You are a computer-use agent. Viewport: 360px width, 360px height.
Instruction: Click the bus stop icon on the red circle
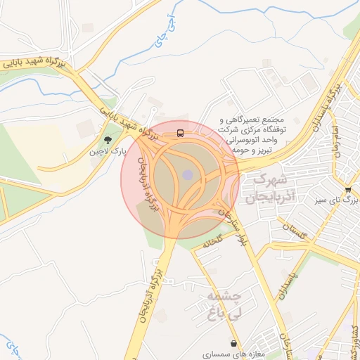181,133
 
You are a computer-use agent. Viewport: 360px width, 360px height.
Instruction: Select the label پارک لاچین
108,151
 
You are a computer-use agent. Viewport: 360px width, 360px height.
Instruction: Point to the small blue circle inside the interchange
188,174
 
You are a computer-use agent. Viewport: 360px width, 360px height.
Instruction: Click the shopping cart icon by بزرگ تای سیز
348,190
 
